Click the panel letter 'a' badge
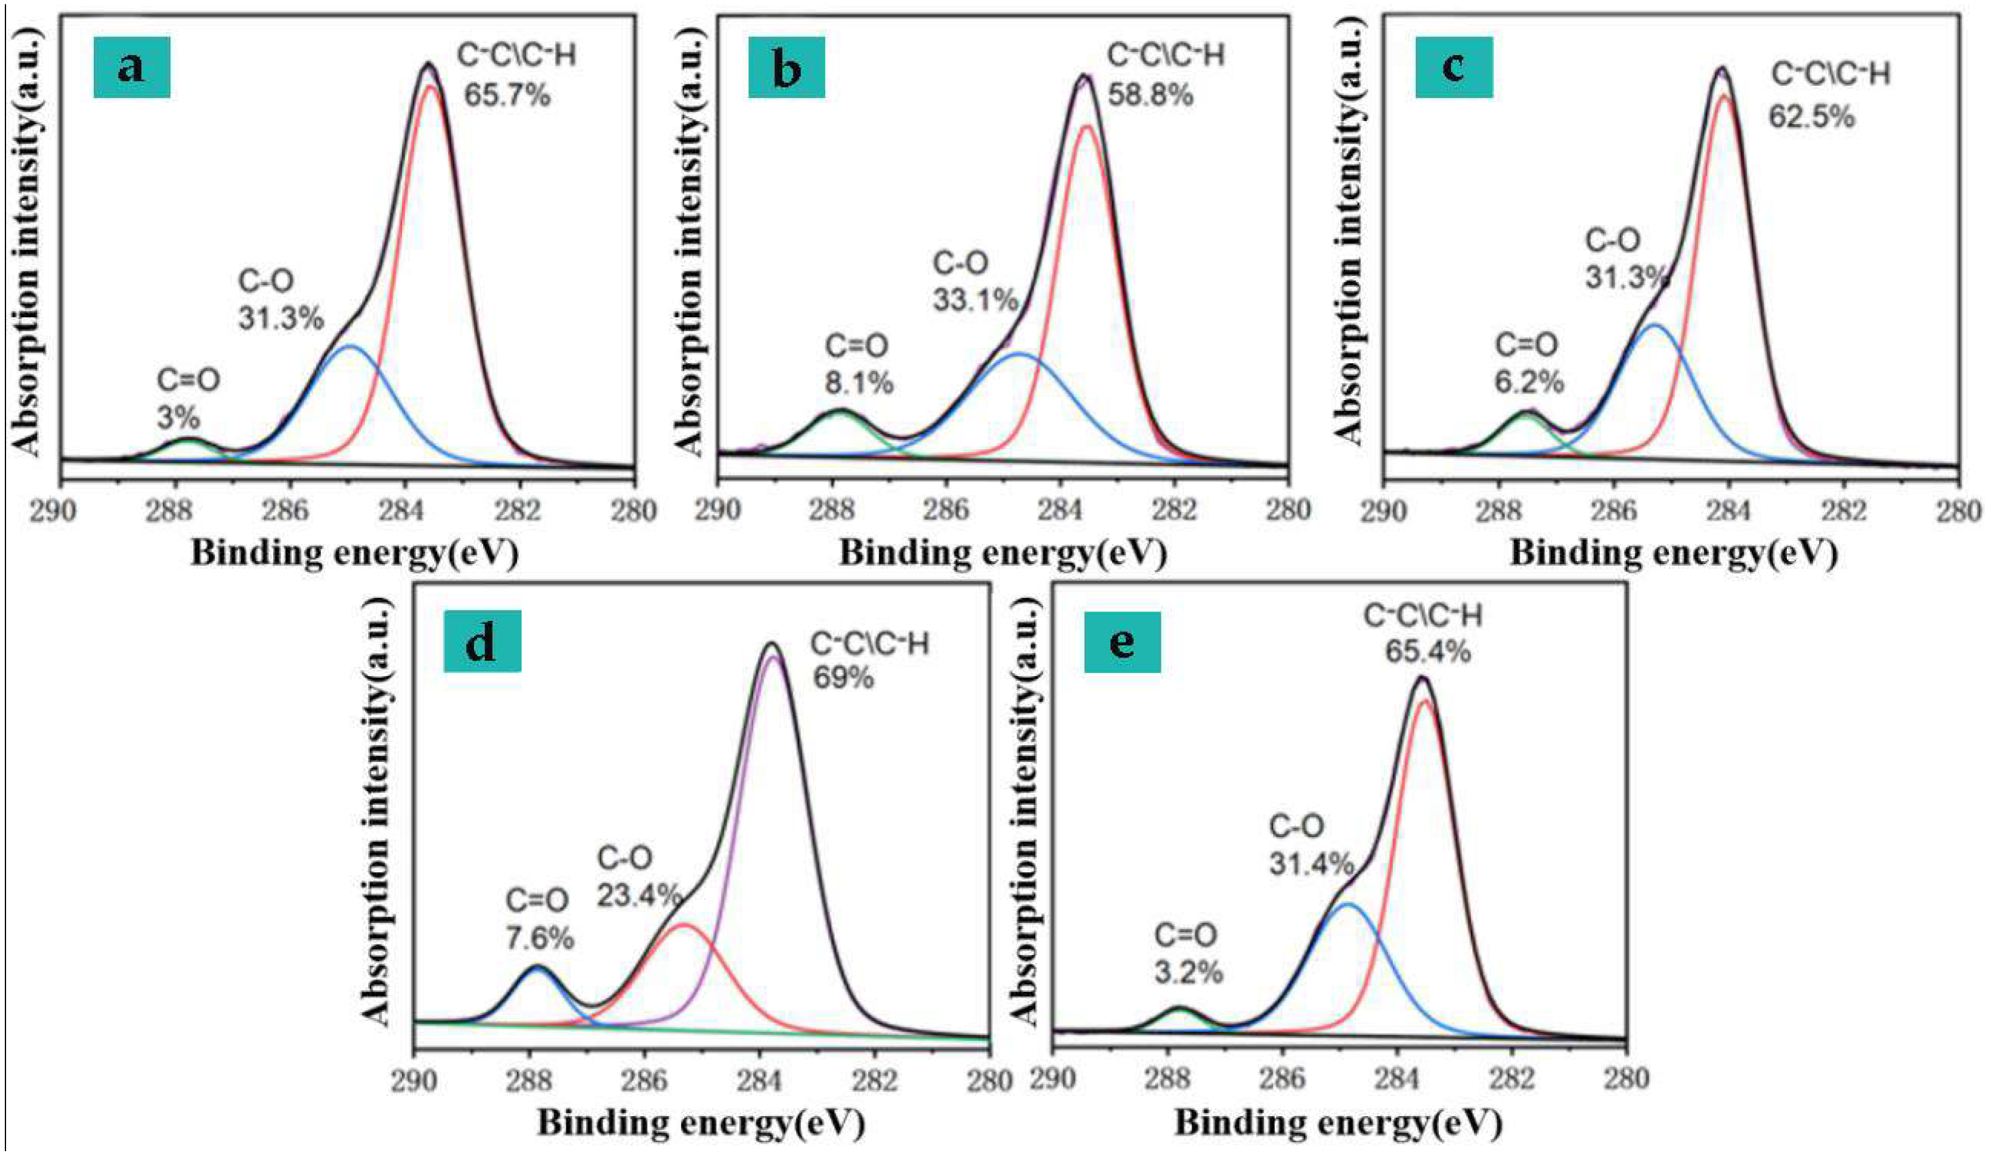pos(131,68)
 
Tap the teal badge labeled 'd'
pos(481,640)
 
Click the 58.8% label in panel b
pos(1149,96)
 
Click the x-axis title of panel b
pos(1002,554)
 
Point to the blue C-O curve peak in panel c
pos(1654,326)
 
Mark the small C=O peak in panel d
pos(537,967)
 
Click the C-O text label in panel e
pos(1296,827)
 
